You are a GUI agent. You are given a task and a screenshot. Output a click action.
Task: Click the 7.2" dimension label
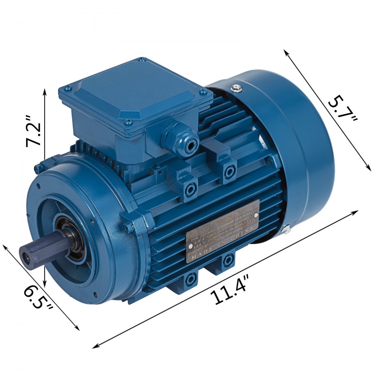tap(33, 133)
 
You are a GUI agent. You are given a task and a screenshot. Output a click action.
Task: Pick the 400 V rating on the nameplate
tap(198, 247)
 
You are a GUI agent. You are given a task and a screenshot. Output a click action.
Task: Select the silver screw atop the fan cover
tap(235, 89)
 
